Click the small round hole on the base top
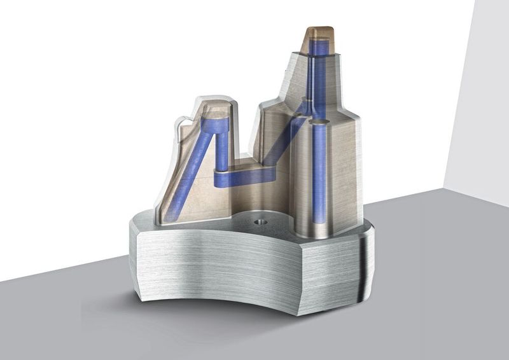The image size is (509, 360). pos(259,223)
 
